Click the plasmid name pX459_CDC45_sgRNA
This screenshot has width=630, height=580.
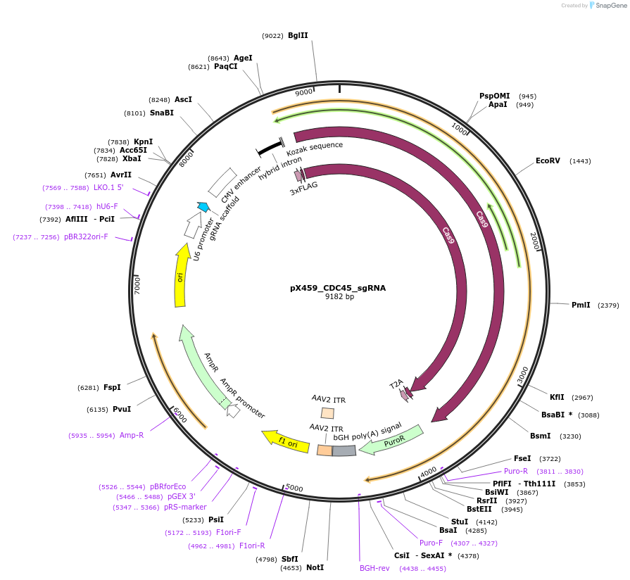coord(338,288)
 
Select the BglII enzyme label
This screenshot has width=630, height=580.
coord(298,35)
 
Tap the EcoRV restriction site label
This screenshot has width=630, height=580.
coord(548,161)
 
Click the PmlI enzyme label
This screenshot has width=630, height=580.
coord(581,305)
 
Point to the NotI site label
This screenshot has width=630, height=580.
coord(315,567)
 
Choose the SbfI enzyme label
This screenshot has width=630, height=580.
coord(289,559)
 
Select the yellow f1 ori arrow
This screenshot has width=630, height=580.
coord(284,441)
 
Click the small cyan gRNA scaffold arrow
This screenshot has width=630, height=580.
coord(203,207)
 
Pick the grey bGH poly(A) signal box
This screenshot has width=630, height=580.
coord(344,450)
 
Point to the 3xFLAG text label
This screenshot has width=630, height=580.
coord(303,191)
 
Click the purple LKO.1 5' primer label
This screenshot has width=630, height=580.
coord(110,187)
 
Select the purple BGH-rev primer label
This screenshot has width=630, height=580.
coord(374,567)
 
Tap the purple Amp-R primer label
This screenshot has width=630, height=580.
coord(132,436)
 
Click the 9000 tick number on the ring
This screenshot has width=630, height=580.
coord(304,92)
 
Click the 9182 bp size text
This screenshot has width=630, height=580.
coord(339,297)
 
